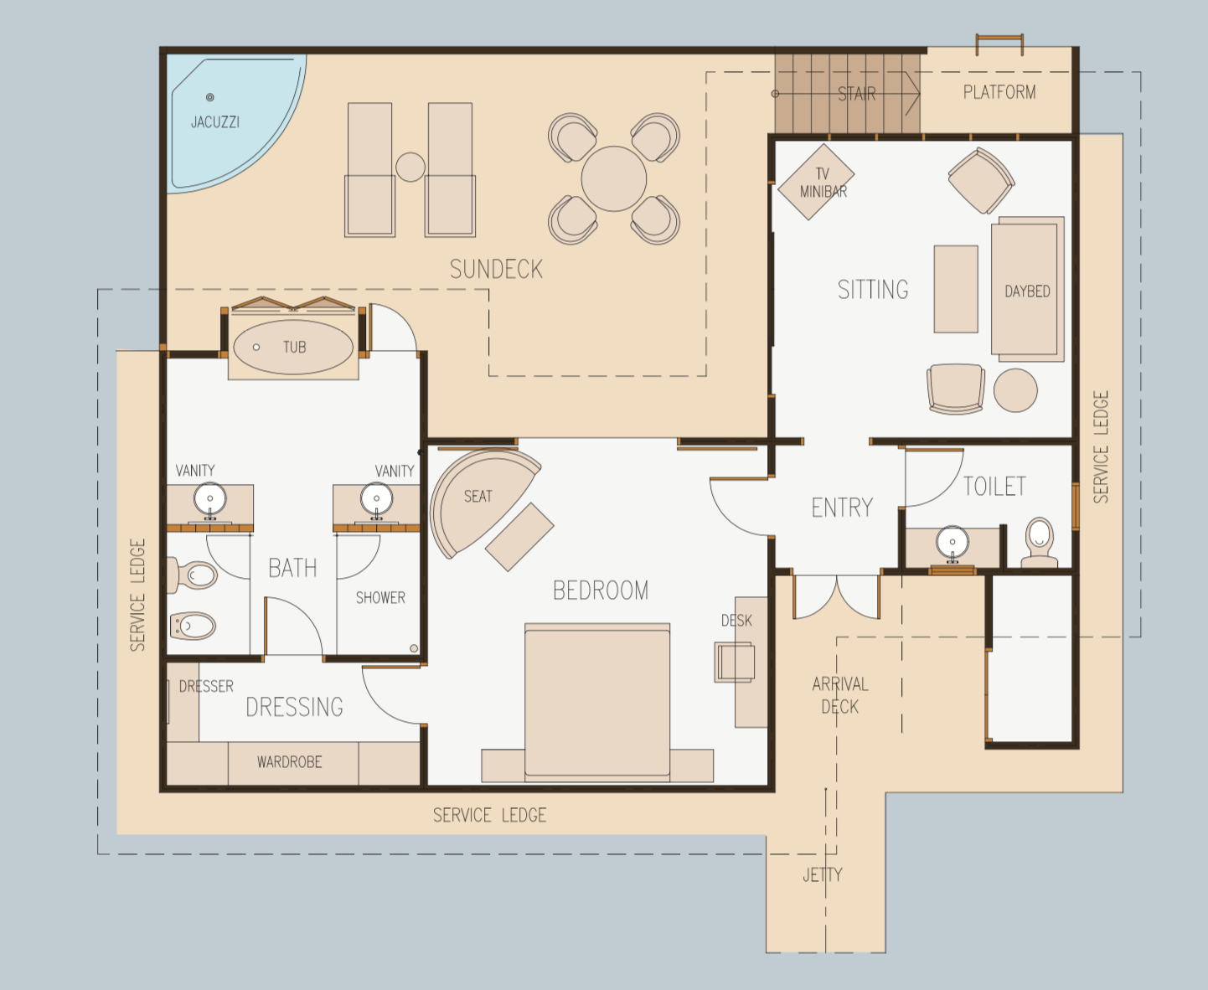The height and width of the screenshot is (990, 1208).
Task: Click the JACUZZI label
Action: [x=214, y=122]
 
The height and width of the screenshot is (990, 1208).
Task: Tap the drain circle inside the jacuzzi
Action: [x=210, y=97]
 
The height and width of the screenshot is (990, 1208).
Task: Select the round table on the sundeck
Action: [x=614, y=178]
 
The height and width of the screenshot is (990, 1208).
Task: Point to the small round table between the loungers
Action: [x=410, y=168]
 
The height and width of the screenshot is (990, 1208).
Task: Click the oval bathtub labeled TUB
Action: [x=293, y=347]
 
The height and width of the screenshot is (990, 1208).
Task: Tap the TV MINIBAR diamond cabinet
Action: [x=816, y=182]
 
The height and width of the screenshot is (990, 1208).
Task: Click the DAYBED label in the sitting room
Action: [x=1028, y=291]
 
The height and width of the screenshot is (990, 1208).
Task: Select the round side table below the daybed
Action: [x=1015, y=390]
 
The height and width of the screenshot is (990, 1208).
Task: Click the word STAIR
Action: [x=857, y=94]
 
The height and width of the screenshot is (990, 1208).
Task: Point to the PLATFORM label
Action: [x=999, y=92]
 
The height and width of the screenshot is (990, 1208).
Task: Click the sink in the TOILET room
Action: [x=952, y=543]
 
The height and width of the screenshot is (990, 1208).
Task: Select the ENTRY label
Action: [x=842, y=508]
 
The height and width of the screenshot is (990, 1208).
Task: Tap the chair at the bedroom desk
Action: [x=735, y=663]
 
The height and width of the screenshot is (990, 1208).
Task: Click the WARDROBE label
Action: [x=289, y=762]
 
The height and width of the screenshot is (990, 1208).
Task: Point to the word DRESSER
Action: [x=206, y=687]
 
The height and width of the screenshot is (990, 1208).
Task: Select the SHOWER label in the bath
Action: [x=380, y=598]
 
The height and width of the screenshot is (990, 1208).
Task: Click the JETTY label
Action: [x=823, y=875]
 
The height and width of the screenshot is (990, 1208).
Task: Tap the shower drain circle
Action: [x=414, y=648]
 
